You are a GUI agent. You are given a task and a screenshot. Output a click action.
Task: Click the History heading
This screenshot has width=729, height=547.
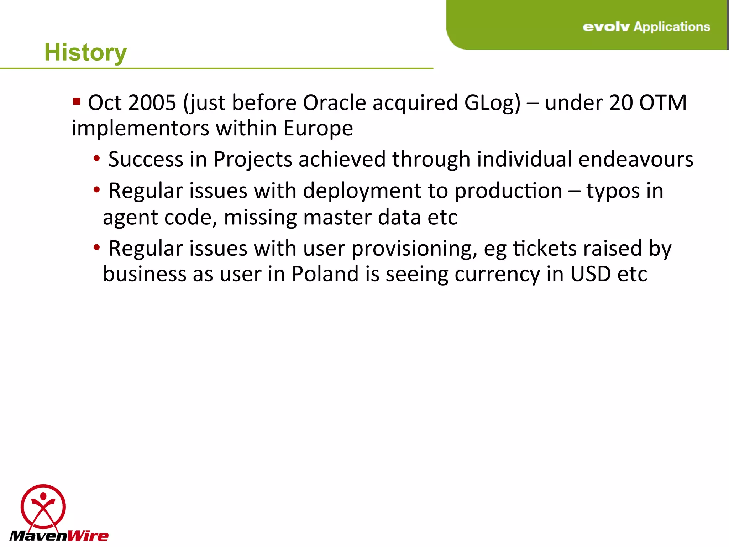pos(85,52)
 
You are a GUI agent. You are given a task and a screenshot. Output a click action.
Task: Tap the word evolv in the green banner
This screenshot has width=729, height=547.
pos(606,27)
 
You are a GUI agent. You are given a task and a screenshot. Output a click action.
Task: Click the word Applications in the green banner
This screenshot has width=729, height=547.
pos(672,27)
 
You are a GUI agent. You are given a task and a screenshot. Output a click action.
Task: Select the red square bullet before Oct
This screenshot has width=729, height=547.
pos(76,102)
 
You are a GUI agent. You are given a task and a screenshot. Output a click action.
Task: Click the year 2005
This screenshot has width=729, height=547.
pos(152,103)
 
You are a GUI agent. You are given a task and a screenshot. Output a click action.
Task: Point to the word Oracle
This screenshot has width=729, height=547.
pos(334,103)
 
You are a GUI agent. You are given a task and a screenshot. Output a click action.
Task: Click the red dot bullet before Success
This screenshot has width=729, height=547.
pos(96,158)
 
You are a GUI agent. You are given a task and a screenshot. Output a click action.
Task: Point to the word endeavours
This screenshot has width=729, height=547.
pos(636,159)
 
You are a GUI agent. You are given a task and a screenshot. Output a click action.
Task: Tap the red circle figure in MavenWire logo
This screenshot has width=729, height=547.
pos(43,506)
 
